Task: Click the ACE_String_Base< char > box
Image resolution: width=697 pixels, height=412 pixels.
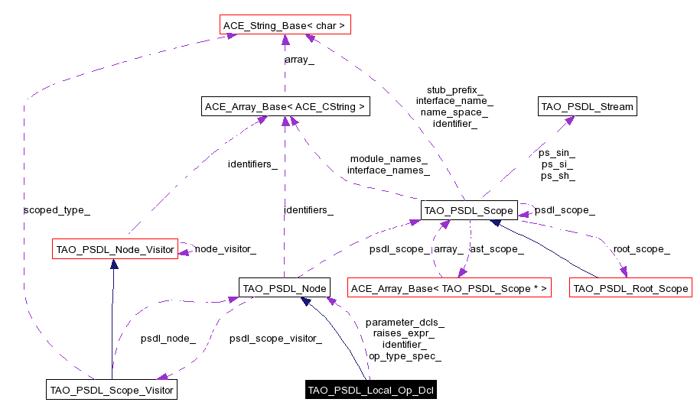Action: click(x=284, y=26)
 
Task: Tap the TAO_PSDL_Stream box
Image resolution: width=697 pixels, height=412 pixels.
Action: click(x=587, y=106)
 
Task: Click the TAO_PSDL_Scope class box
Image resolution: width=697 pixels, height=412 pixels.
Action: click(x=468, y=209)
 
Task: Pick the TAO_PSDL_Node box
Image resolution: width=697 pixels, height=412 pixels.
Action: click(x=284, y=288)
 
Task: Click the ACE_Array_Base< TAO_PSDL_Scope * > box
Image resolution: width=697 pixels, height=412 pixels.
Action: click(x=449, y=288)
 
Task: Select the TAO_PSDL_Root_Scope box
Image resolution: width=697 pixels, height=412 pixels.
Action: click(x=630, y=288)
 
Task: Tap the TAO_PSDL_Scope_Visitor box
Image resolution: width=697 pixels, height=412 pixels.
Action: click(x=112, y=390)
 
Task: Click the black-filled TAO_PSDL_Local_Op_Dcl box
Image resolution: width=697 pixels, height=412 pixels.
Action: click(x=371, y=390)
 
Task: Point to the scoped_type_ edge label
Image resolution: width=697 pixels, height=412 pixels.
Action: click(x=51, y=209)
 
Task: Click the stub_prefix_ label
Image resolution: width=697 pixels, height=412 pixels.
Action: click(x=454, y=89)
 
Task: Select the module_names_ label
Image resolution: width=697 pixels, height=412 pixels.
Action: click(x=388, y=159)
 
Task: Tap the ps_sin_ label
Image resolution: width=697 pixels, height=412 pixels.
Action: click(x=558, y=153)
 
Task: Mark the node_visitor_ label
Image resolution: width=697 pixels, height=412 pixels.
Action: click(x=225, y=248)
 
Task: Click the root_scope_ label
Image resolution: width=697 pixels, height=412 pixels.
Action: click(x=641, y=248)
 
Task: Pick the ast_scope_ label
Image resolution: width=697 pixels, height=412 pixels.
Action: click(x=496, y=248)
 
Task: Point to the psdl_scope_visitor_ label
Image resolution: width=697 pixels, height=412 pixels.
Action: click(x=275, y=337)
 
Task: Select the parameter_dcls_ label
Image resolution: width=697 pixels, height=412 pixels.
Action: click(x=405, y=322)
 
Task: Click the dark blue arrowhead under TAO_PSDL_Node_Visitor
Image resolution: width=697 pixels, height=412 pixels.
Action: click(x=114, y=264)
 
